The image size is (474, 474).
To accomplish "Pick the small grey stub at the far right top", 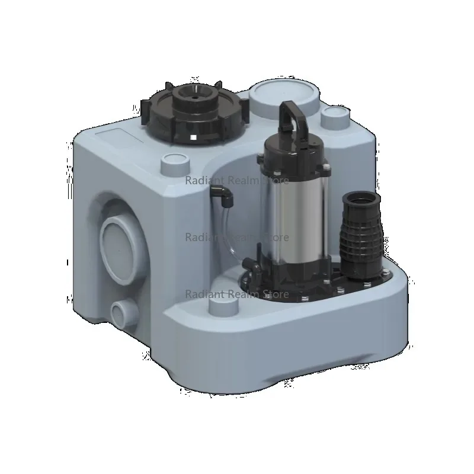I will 334,117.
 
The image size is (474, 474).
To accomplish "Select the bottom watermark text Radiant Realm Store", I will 237,294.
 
